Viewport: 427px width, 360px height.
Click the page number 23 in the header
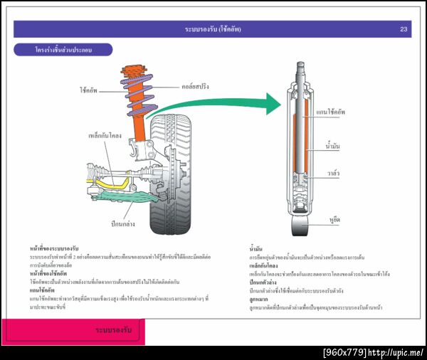pyautogui.click(x=404, y=29)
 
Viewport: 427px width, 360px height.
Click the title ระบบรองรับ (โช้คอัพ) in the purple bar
pyautogui.click(x=213, y=29)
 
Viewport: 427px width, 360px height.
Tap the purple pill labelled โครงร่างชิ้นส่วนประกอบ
pyautogui.click(x=63, y=51)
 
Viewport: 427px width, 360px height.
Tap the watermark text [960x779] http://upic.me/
pyautogui.click(x=374, y=352)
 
